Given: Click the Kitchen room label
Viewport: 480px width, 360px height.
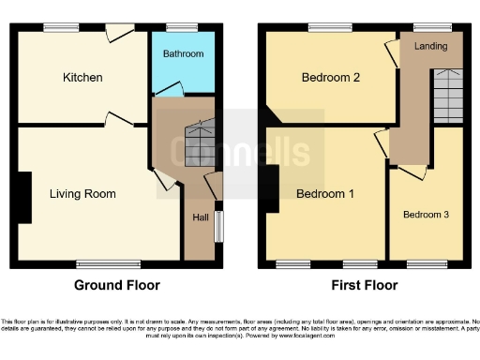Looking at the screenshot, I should pos(83,77).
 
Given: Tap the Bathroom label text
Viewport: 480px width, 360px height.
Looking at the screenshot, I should pos(183,54).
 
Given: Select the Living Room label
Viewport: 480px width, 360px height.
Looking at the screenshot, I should pos(83,194).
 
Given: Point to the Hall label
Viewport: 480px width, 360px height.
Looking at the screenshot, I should pos(201,217).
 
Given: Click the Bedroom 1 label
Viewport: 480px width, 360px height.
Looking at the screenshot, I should pos(325,195).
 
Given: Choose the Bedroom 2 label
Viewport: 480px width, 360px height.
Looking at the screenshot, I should pos(331,79).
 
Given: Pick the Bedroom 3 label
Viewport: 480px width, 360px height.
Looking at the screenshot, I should pos(426,215).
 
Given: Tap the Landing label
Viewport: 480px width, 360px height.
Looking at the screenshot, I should pos(430,46).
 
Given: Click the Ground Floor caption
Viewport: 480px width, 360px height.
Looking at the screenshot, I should pos(117,285).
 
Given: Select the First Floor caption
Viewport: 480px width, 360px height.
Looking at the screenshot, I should pos(365,285).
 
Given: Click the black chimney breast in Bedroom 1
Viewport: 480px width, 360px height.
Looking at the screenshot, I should pos(271,187).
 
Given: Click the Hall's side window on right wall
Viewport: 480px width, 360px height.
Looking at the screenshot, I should pos(219,225).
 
